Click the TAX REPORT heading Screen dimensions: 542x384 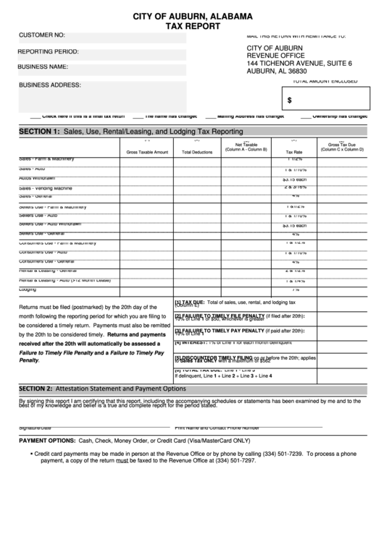point(192,25)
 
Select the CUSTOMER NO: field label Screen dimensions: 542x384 point(42,35)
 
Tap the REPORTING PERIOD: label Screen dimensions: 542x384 point(49,51)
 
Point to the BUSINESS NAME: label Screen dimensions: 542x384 point(43,67)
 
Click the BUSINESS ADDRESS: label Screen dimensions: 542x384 point(50,85)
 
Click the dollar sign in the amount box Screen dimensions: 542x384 point(290,101)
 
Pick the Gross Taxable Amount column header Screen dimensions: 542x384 point(147,152)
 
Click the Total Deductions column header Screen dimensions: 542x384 point(197,152)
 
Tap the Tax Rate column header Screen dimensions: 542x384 point(294,152)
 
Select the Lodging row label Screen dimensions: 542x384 point(28,289)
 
